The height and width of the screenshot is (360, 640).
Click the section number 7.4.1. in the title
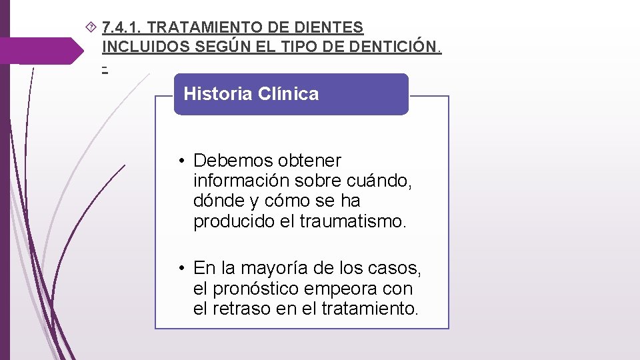[121, 28]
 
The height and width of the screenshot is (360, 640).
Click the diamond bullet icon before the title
[92, 27]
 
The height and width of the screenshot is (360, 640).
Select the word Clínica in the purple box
[287, 94]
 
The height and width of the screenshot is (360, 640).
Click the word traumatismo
[352, 221]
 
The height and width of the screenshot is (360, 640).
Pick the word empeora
[341, 289]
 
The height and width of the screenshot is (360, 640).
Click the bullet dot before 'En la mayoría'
[181, 269]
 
